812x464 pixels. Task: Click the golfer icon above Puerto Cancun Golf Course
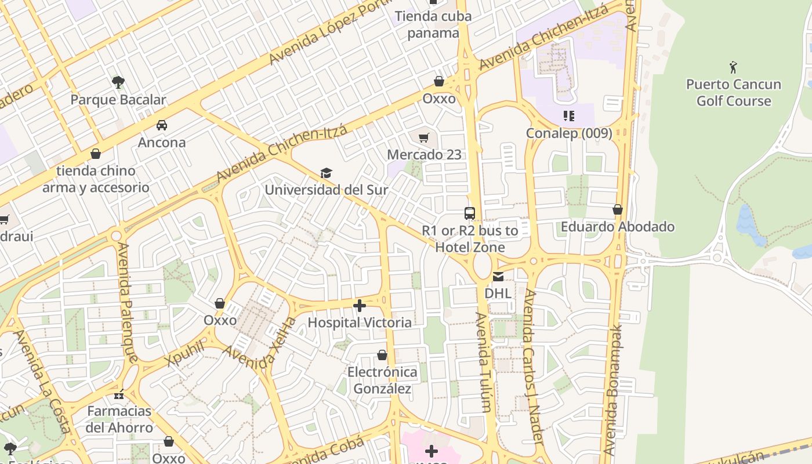(x=733, y=67)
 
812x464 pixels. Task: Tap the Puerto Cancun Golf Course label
(x=734, y=93)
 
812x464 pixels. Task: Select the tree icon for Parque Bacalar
(x=118, y=82)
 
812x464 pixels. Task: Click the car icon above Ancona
(x=162, y=125)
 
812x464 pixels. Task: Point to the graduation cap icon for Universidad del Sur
(x=327, y=173)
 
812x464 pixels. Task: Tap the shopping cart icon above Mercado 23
(x=424, y=137)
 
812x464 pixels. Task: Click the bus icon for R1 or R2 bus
(x=470, y=213)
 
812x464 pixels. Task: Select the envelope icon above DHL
(x=498, y=277)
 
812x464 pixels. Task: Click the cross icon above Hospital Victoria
(x=360, y=306)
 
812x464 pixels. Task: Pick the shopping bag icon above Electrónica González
(x=382, y=355)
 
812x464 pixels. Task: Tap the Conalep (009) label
(x=569, y=133)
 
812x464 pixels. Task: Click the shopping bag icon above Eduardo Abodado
(x=618, y=209)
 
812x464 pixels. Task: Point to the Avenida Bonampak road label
(x=613, y=389)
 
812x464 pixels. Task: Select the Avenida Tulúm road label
(x=485, y=362)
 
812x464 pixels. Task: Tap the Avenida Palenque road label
(x=127, y=302)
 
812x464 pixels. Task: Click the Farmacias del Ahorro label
(x=120, y=419)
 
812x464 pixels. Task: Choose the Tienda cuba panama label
(x=433, y=24)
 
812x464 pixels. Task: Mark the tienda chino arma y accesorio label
(x=96, y=179)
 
